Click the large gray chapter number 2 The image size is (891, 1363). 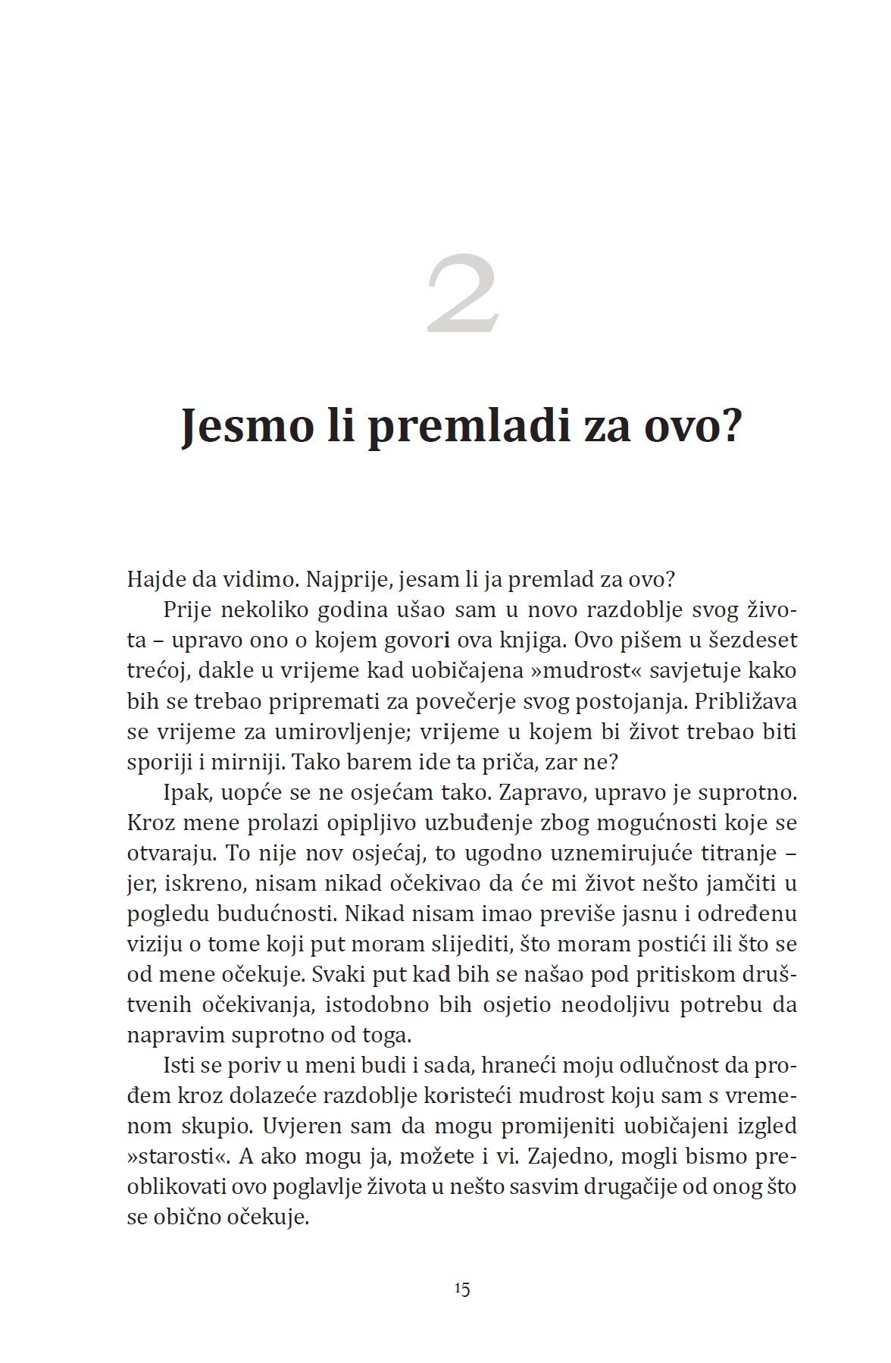463,296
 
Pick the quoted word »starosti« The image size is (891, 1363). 175,1158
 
